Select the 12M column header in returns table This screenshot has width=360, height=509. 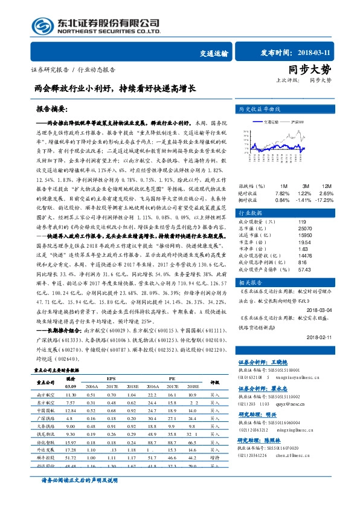coord(326,185)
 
